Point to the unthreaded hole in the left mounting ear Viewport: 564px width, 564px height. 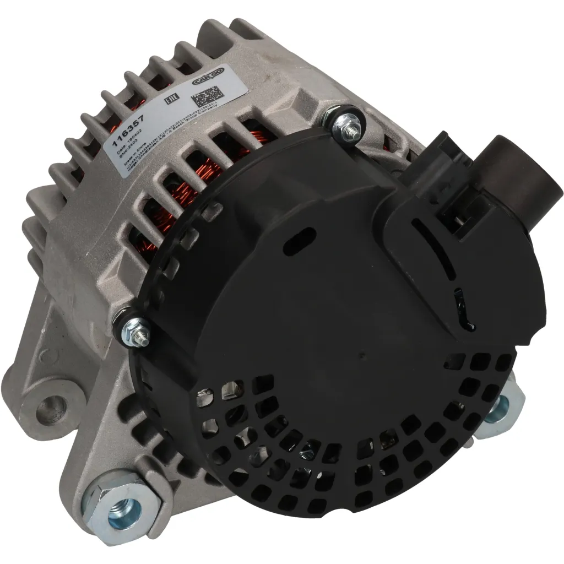[x=51, y=408]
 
